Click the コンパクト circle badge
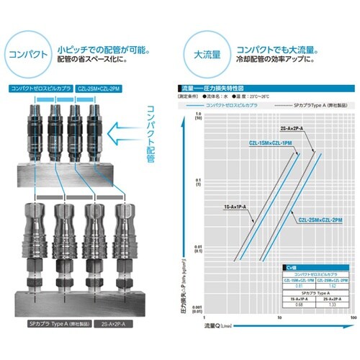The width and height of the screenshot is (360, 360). (x=27, y=55)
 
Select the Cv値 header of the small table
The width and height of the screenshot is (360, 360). (x=291, y=266)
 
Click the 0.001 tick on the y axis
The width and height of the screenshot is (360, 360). (x=192, y=310)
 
